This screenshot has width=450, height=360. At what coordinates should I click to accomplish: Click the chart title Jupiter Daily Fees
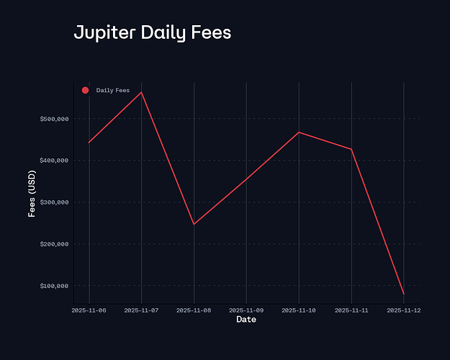click(153, 33)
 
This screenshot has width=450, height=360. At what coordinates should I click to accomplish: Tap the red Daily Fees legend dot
click(85, 90)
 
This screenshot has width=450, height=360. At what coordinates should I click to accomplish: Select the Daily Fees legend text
click(113, 90)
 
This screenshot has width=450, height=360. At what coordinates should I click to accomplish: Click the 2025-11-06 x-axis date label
click(89, 310)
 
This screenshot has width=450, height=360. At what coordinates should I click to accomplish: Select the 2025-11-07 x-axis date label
click(142, 310)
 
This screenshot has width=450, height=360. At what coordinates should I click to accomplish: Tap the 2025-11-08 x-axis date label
click(194, 310)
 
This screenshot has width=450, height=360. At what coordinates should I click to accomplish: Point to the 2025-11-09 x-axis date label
click(246, 310)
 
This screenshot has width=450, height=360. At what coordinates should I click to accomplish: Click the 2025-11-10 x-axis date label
click(299, 310)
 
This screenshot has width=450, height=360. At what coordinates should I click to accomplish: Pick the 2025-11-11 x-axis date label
click(351, 310)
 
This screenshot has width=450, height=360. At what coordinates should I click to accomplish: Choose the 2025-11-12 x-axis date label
click(404, 310)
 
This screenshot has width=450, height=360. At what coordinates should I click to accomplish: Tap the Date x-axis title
click(246, 320)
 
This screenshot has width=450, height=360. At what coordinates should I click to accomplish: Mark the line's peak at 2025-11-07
click(142, 92)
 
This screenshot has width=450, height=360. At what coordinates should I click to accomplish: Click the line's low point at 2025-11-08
click(194, 224)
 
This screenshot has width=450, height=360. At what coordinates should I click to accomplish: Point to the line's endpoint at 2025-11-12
click(404, 294)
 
